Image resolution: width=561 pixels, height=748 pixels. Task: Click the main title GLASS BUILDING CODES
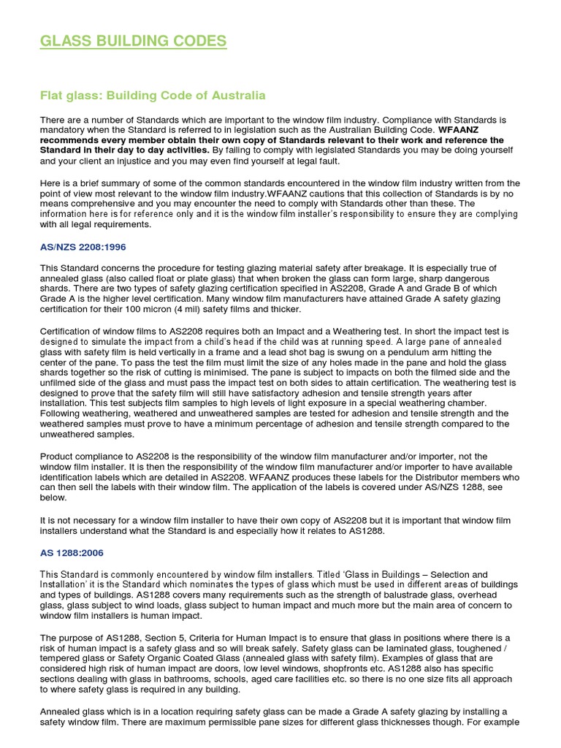point(133,41)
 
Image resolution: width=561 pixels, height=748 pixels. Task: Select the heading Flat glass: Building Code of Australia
point(152,96)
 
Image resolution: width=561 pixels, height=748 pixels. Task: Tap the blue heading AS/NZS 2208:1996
point(84,248)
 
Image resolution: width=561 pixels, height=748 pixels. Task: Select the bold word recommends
point(72,140)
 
